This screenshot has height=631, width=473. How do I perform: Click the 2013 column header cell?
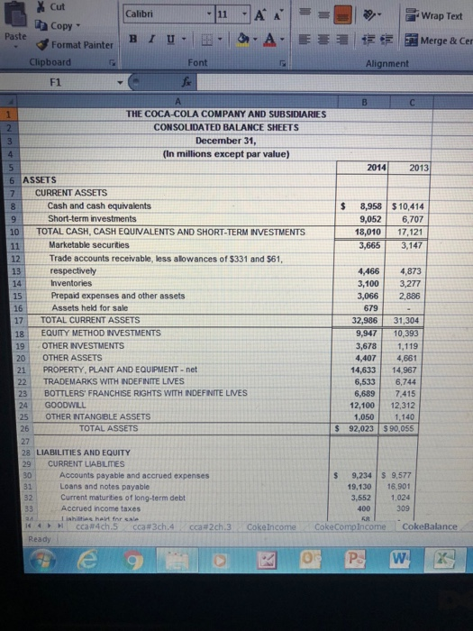click(x=419, y=168)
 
